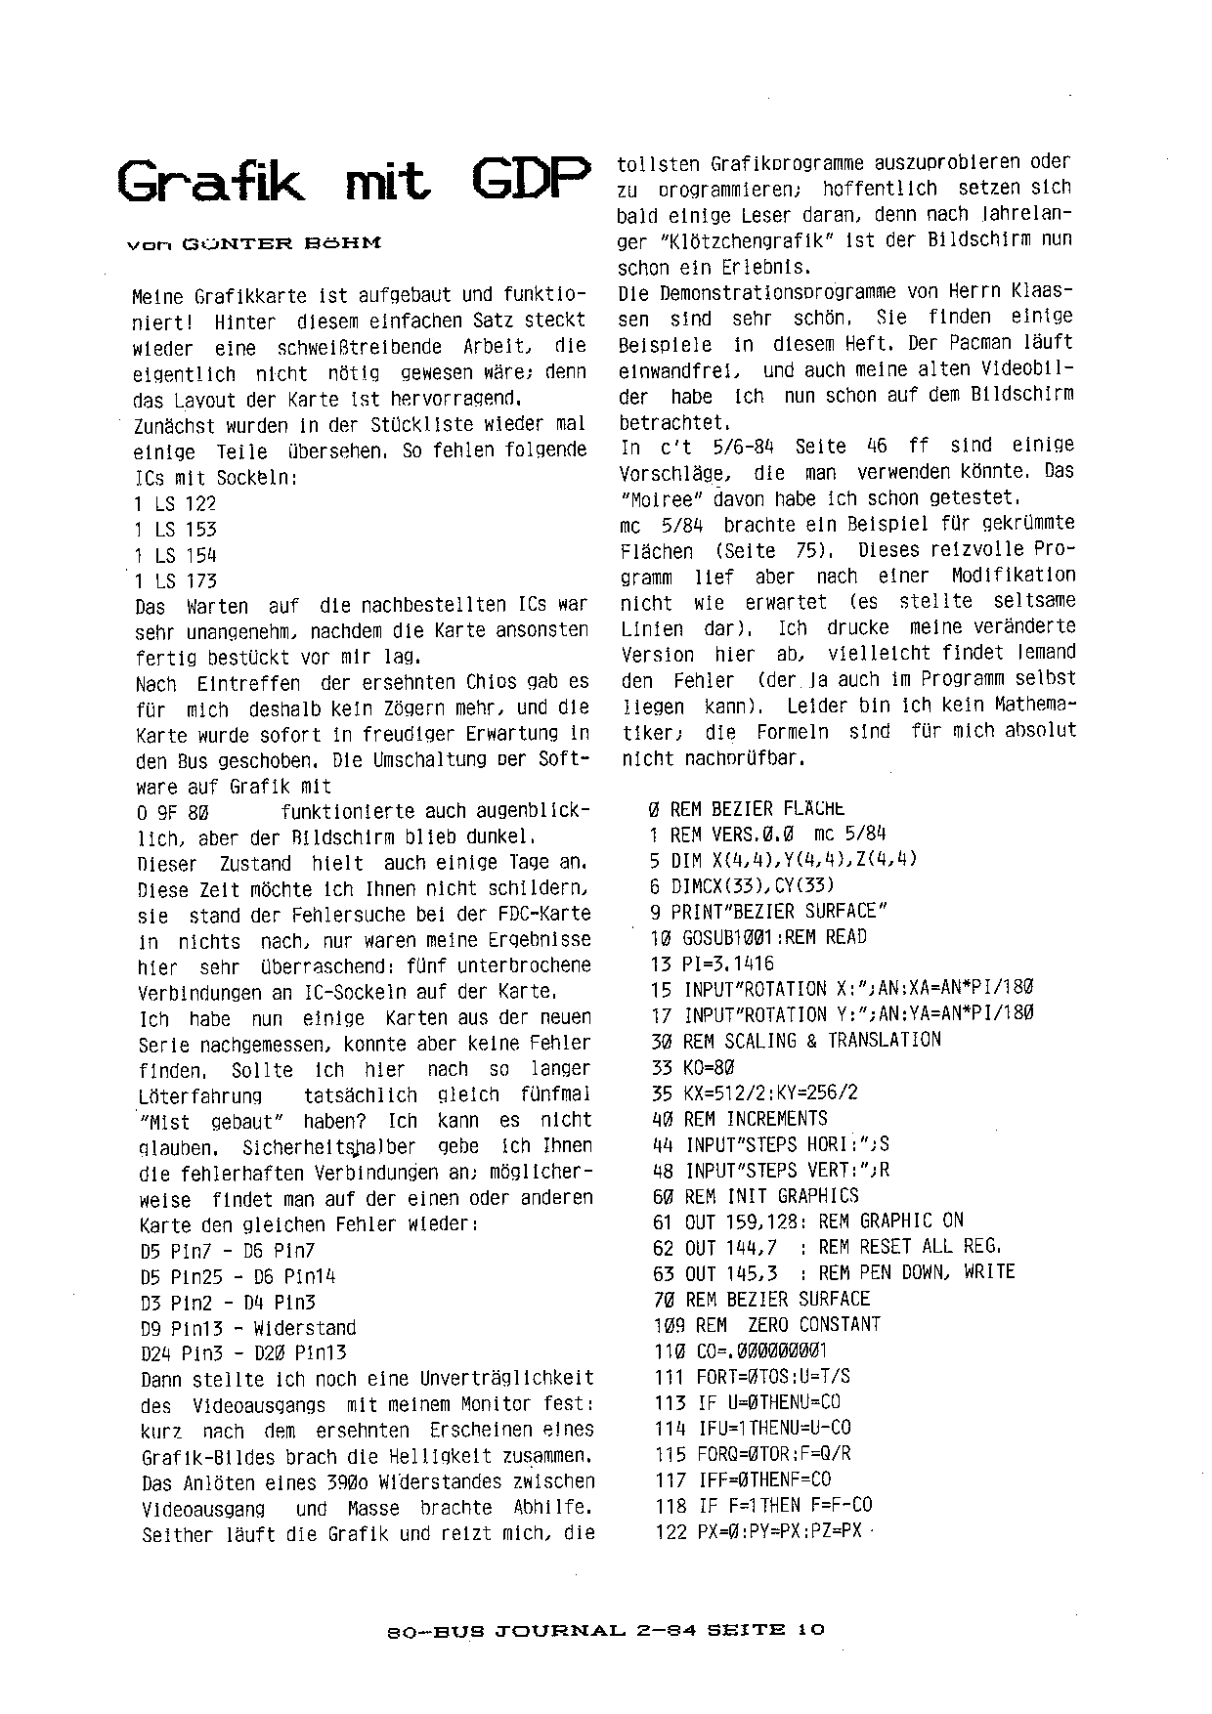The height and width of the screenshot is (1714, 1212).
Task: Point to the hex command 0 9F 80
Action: click(174, 812)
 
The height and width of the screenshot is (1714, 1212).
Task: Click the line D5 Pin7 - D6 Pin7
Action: click(227, 1251)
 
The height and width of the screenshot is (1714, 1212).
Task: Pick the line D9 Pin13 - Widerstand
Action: click(248, 1328)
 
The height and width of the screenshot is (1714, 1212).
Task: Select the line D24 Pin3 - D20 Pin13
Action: click(243, 1353)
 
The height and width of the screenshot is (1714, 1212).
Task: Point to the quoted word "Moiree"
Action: click(660, 497)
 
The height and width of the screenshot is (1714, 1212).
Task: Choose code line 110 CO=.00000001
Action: click(740, 1350)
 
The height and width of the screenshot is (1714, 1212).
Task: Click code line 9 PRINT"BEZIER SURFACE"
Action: click(768, 911)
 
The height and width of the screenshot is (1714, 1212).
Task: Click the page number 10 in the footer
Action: click(810, 1629)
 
